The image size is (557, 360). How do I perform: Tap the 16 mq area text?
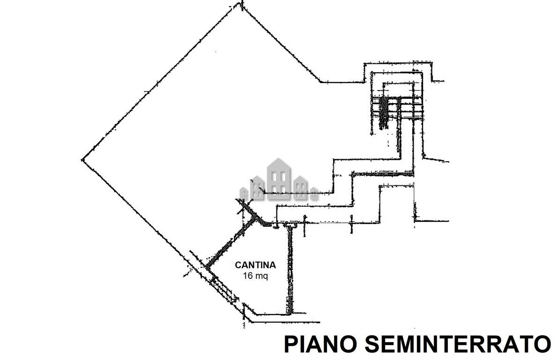(x=255, y=276)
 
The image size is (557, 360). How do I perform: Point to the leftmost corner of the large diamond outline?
(x=82, y=160)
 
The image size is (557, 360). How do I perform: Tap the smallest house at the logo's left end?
(x=244, y=193)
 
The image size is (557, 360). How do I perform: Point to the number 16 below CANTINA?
(x=247, y=276)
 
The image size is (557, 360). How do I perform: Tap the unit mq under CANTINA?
(x=261, y=276)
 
